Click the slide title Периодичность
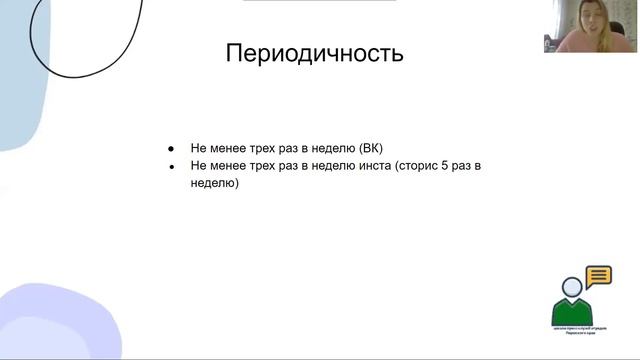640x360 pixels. pyautogui.click(x=315, y=53)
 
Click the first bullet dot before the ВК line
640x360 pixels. pyautogui.click(x=171, y=147)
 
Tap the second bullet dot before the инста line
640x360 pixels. pyautogui.click(x=171, y=166)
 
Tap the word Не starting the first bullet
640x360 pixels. pyautogui.click(x=199, y=147)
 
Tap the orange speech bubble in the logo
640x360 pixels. pyautogui.click(x=598, y=275)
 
